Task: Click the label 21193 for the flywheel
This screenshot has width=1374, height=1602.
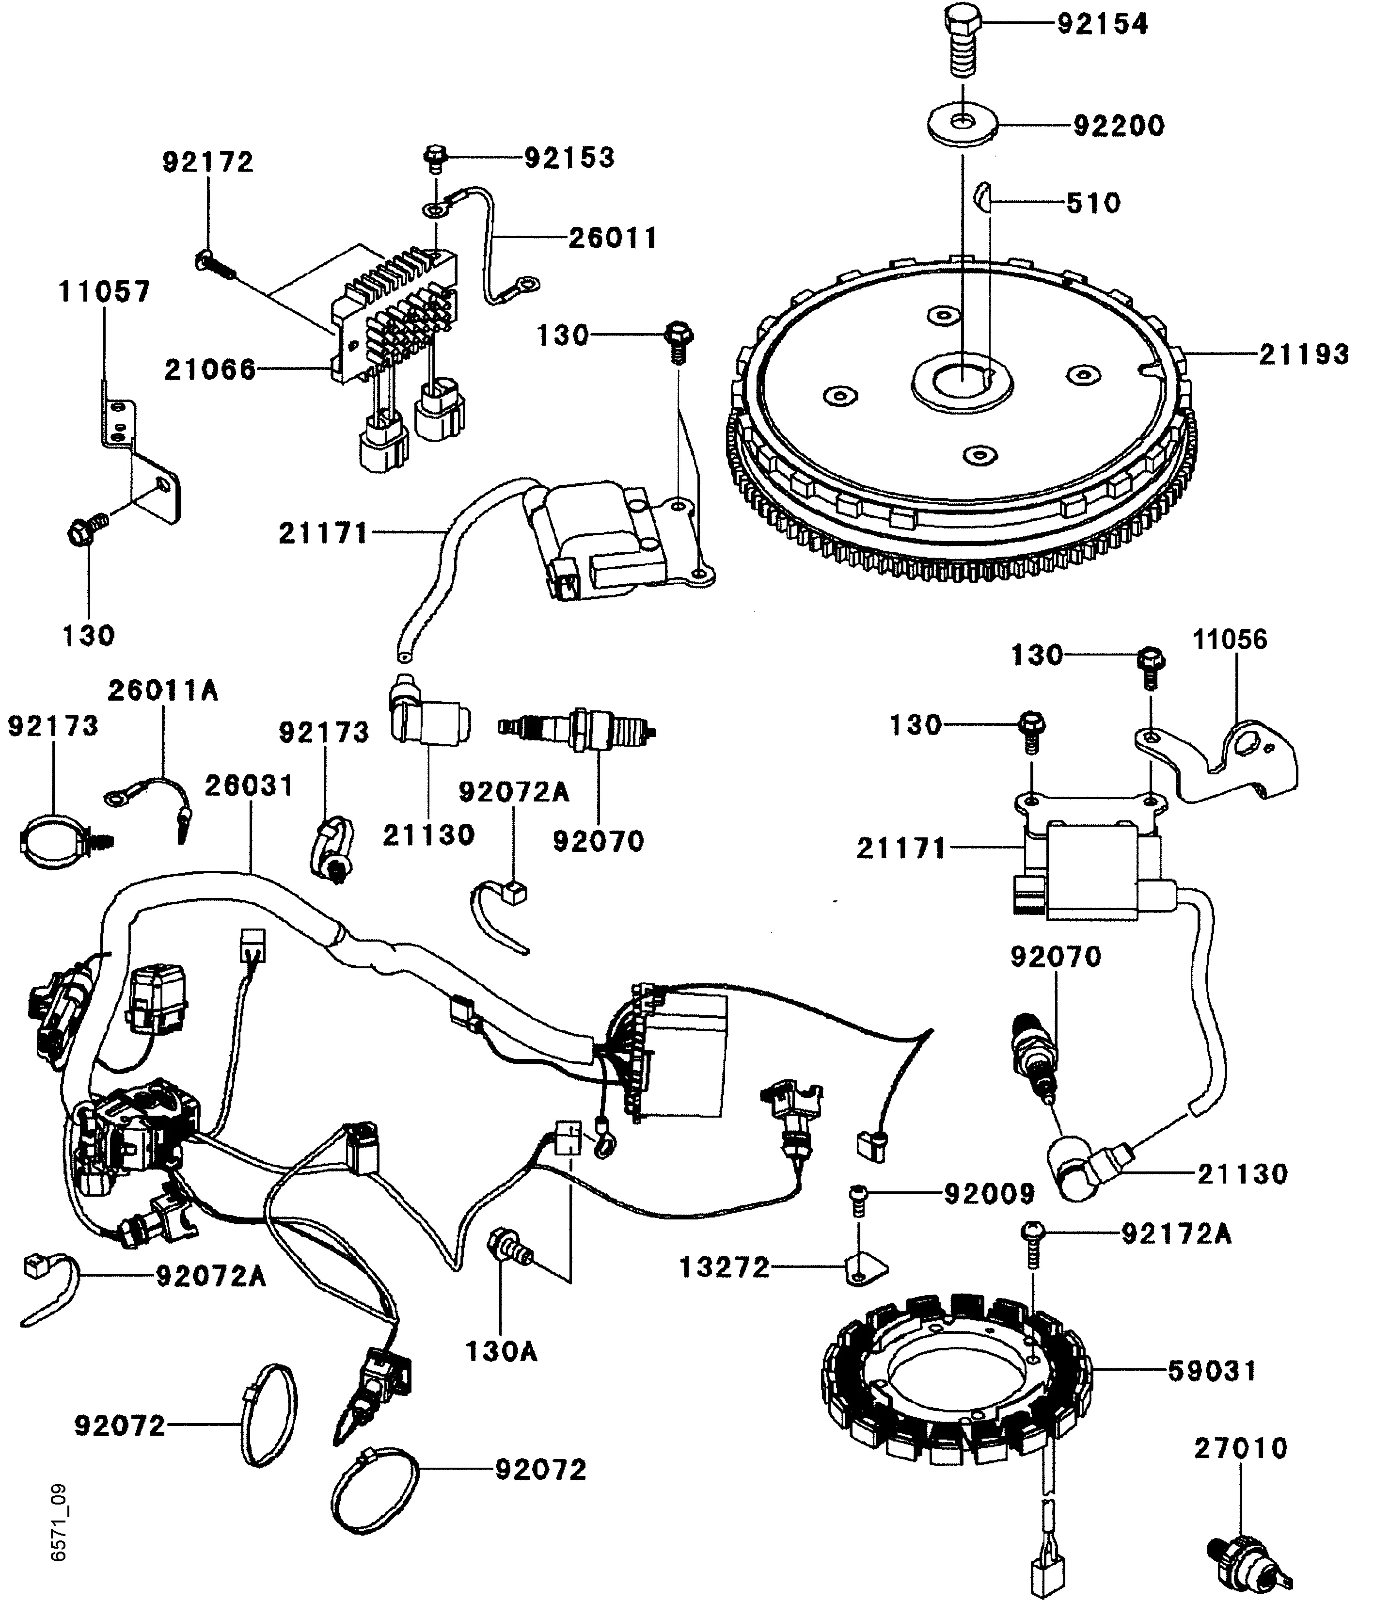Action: pyautogui.click(x=1304, y=354)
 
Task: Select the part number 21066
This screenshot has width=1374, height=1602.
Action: pyautogui.click(x=209, y=369)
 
